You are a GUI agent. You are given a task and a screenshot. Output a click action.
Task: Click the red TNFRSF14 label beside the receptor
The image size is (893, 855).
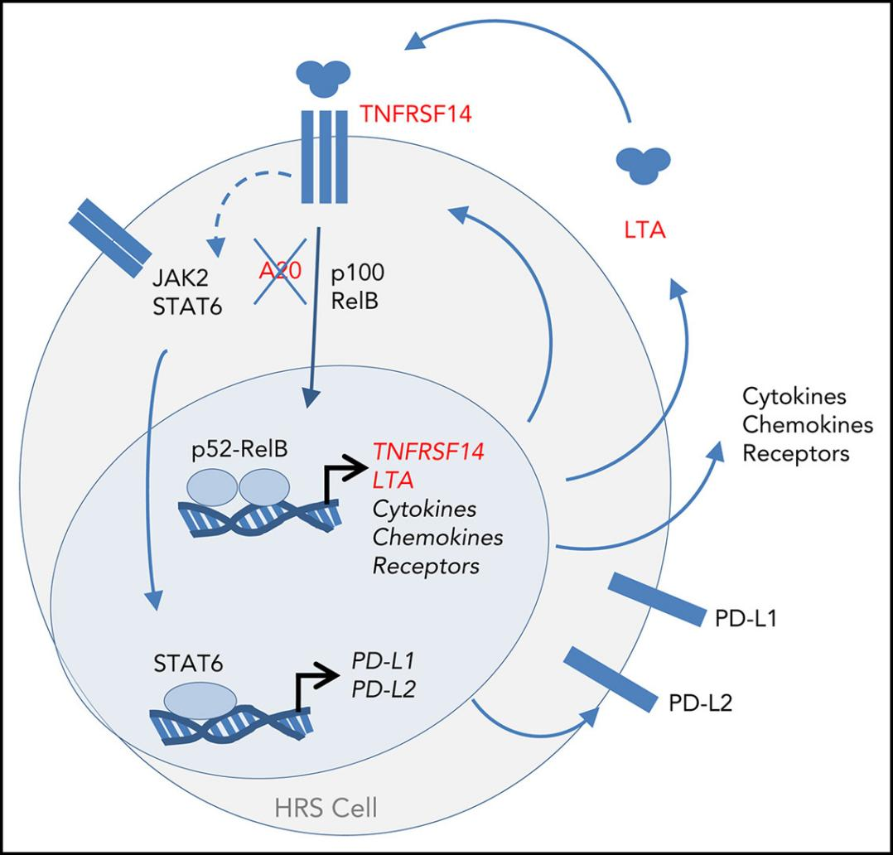[416, 114]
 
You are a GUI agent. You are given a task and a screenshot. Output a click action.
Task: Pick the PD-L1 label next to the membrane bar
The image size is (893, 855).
[744, 619]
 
